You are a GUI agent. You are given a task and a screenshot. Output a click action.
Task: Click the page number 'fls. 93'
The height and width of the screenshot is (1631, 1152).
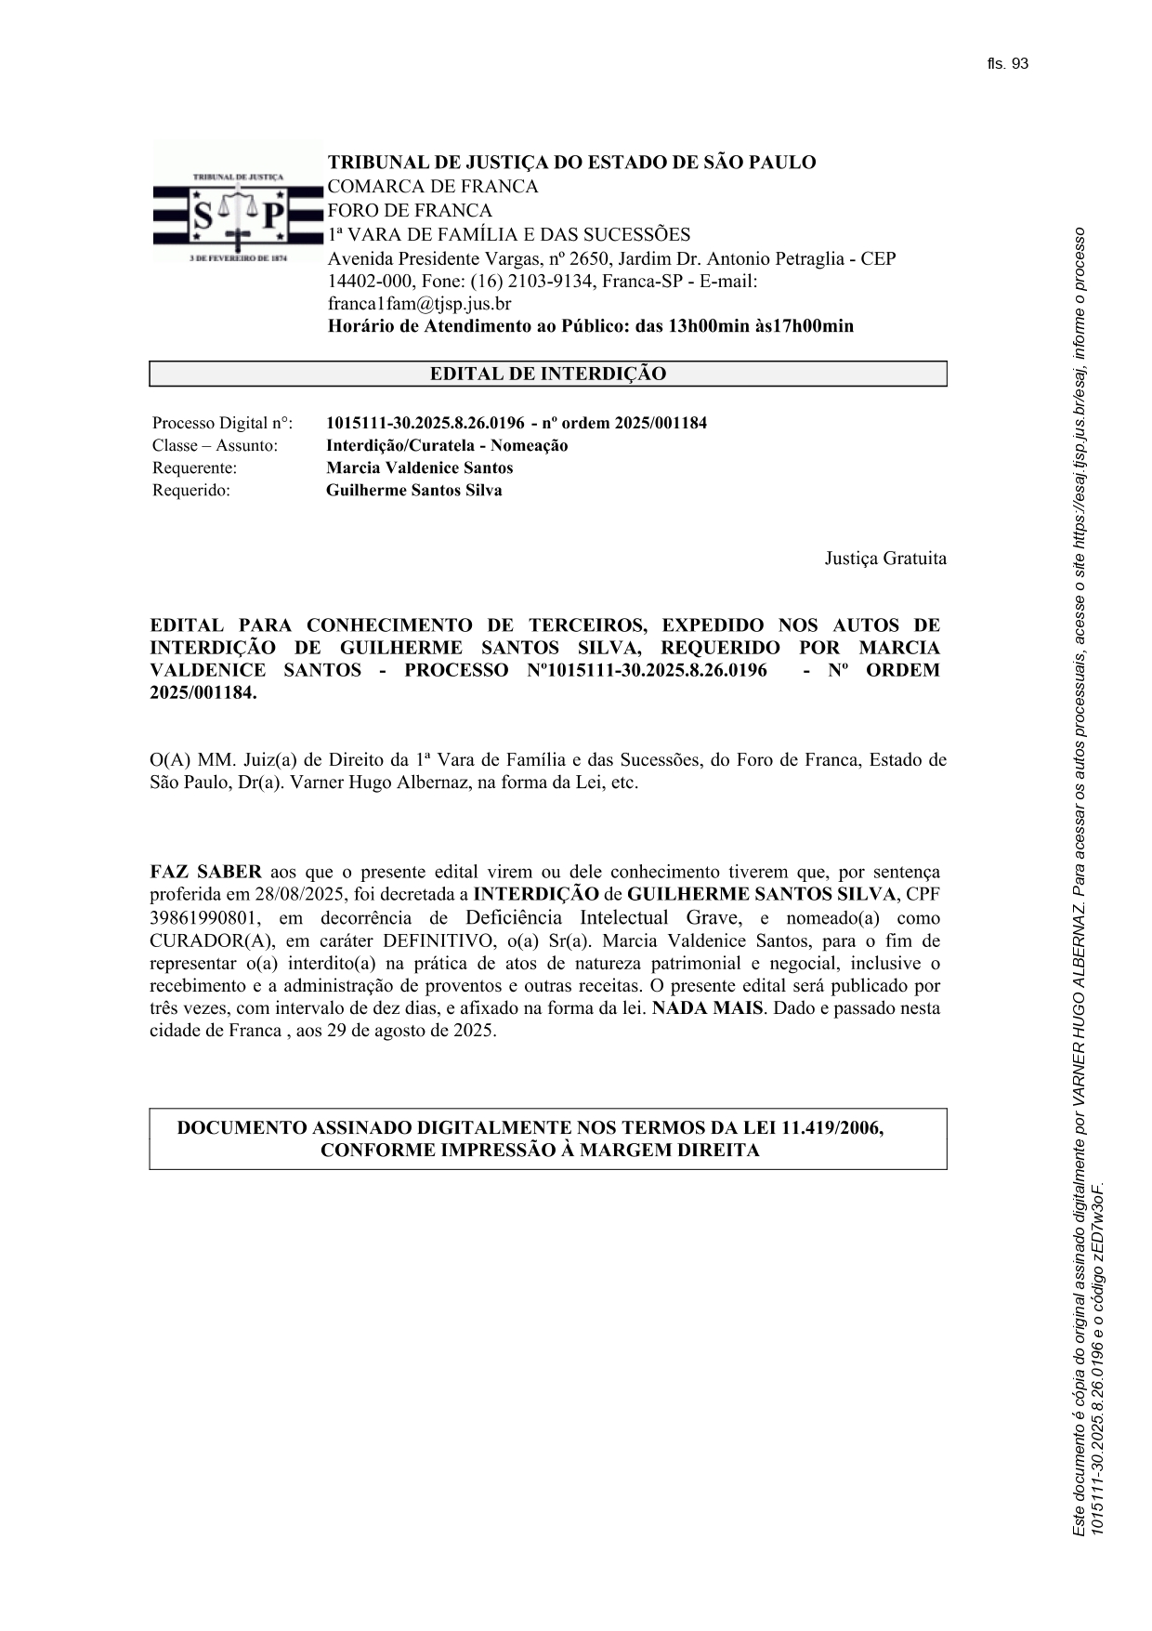[1008, 64]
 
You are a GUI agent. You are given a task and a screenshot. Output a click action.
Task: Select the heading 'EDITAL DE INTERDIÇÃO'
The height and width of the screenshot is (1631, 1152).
[547, 375]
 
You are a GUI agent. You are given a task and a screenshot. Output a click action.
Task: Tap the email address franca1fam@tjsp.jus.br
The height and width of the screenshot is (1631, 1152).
[419, 304]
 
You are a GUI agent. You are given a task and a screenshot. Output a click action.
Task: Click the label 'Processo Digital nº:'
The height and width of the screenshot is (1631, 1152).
[222, 424]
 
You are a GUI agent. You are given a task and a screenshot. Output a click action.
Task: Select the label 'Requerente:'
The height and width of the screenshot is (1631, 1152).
[194, 468]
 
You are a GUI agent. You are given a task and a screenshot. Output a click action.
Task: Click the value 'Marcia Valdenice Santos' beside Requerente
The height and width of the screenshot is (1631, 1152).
[419, 468]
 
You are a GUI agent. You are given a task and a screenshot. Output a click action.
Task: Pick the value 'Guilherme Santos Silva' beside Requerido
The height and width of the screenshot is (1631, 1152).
[413, 491]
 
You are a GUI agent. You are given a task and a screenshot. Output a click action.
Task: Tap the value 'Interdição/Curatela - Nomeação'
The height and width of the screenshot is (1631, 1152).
[447, 446]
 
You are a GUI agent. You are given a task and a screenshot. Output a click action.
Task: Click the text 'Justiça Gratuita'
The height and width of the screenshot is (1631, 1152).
[885, 559]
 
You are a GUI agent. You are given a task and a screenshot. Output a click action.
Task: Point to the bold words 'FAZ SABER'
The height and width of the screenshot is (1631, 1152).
[205, 873]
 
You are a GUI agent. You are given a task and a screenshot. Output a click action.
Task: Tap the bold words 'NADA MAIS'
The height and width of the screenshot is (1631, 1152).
[707, 1008]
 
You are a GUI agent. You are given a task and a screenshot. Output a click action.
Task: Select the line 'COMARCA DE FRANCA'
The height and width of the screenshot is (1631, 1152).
[432, 187]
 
